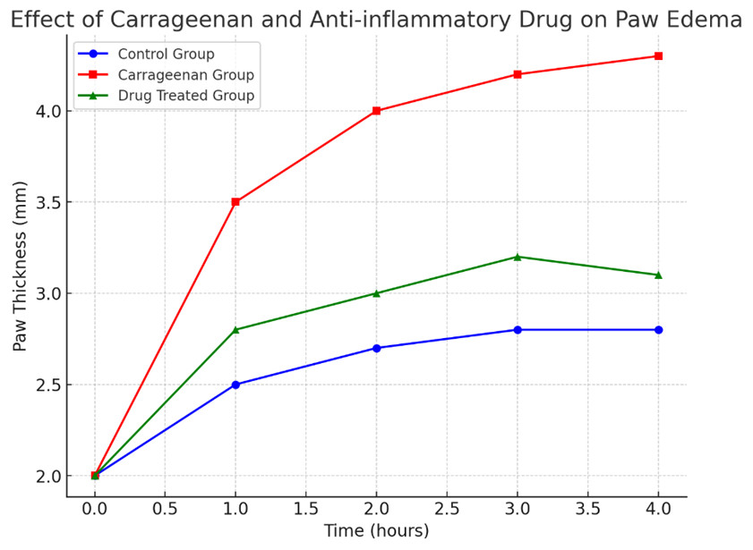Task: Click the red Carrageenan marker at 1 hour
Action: (x=235, y=202)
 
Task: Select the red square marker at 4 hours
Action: (x=658, y=56)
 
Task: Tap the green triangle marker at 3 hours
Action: (x=518, y=257)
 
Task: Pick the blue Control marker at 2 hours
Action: (x=376, y=348)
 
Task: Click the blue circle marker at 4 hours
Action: (x=658, y=330)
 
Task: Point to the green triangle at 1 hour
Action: (x=235, y=329)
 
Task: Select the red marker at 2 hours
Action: (x=376, y=111)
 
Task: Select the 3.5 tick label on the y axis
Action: (x=47, y=202)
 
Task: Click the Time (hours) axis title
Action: (x=376, y=531)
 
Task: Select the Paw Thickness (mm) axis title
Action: (x=20, y=266)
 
